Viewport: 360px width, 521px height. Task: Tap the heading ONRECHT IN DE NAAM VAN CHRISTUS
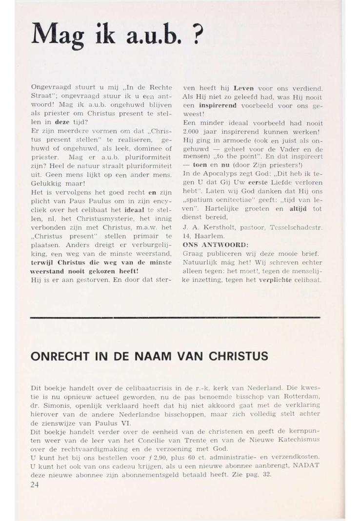pos(149,356)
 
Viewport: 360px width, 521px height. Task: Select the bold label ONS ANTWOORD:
pos(208,244)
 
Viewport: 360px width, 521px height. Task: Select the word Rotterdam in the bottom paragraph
pos(302,395)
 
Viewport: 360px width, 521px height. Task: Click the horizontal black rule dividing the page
pos(175,318)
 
